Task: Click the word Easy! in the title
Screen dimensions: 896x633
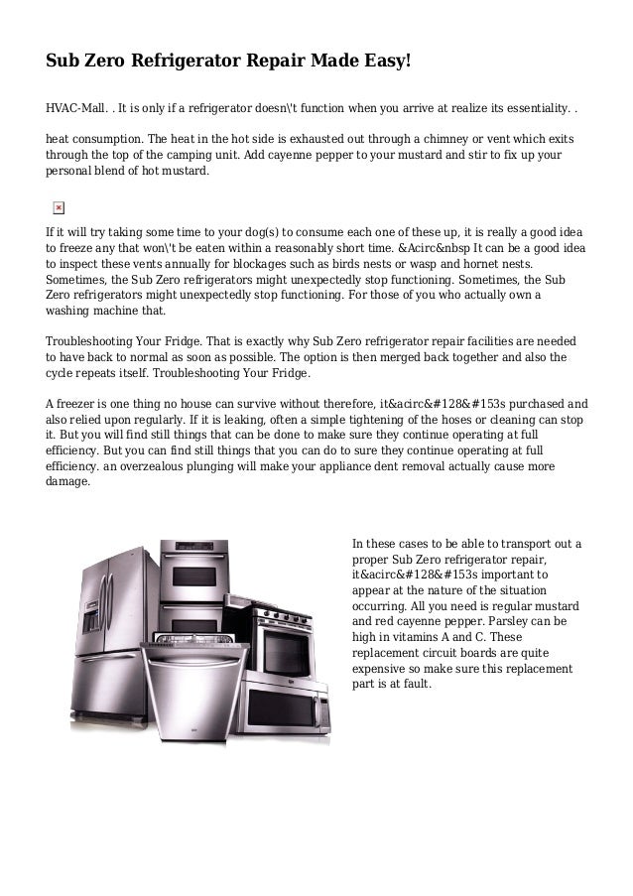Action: pos(381,62)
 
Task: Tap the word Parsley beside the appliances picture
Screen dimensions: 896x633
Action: pos(521,620)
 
